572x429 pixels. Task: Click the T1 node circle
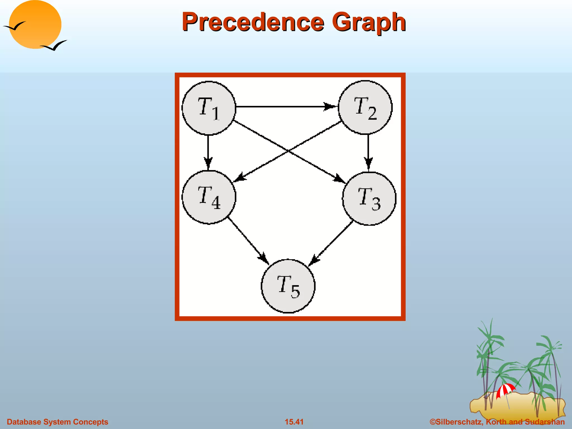click(209, 108)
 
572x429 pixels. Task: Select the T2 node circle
click(365, 108)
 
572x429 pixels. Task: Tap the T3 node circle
click(369, 198)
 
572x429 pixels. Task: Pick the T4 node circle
click(209, 197)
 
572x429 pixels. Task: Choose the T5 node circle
click(288, 286)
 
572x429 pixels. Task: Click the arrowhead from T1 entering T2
click(330, 107)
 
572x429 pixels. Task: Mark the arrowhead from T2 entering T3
click(368, 163)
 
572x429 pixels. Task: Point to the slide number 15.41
click(294, 422)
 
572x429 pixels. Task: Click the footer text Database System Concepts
click(58, 422)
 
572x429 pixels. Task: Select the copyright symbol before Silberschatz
click(433, 422)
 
